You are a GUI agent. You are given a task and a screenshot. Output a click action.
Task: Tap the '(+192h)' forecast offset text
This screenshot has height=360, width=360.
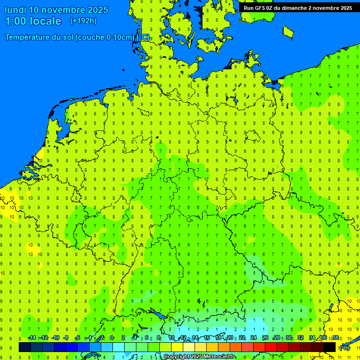click(x=83, y=21)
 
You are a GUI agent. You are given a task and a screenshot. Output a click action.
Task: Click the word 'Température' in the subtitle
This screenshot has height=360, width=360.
click(x=28, y=37)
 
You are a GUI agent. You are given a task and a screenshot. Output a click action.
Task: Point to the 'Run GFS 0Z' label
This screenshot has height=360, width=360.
click(x=259, y=8)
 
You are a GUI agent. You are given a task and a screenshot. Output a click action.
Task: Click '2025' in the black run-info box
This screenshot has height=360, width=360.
click(x=345, y=8)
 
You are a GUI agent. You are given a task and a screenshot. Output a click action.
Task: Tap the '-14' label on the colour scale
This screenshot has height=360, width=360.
click(x=32, y=337)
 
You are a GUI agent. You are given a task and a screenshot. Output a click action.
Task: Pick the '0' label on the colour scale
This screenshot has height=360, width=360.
click(x=112, y=337)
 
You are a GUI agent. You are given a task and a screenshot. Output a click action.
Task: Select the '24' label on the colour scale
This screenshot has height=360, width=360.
click(x=254, y=337)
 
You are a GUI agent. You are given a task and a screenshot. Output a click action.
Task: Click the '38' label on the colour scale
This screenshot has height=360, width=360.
click(x=336, y=337)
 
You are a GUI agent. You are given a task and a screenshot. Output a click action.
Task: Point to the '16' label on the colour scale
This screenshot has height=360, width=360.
click(x=206, y=337)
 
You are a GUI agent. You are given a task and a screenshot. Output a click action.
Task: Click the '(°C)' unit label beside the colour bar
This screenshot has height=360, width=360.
click(x=345, y=347)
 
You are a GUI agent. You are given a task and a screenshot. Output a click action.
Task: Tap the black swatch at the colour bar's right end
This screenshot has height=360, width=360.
click(x=330, y=347)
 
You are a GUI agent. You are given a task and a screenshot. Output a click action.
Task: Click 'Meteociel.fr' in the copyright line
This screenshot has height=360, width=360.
click(x=219, y=357)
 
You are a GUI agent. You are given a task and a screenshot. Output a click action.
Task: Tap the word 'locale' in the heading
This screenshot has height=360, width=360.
click(x=45, y=21)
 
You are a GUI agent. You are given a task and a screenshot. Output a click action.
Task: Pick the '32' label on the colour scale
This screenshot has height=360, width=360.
click(x=300, y=337)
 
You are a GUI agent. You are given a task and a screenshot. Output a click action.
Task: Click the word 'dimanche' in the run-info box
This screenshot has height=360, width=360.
click(x=295, y=8)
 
